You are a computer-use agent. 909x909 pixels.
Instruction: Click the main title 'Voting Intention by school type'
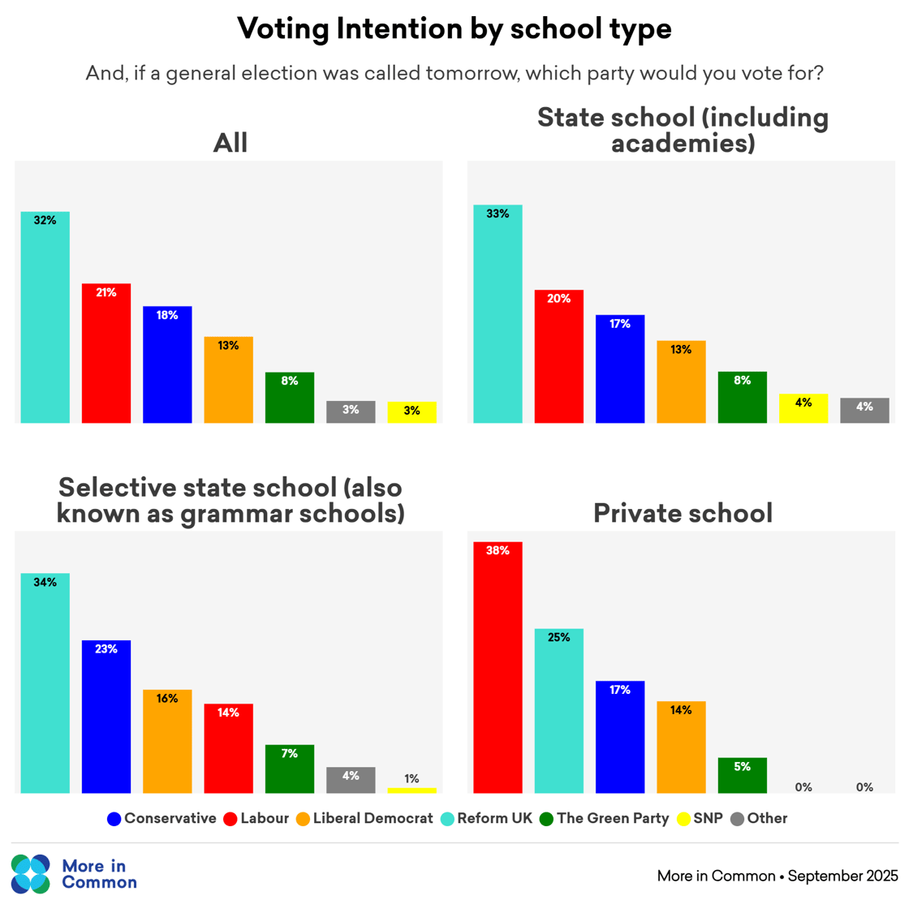pyautogui.click(x=454, y=29)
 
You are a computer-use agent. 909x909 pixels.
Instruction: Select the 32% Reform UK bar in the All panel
pyautogui.click(x=45, y=317)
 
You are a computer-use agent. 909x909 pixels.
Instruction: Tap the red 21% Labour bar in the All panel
pyautogui.click(x=106, y=353)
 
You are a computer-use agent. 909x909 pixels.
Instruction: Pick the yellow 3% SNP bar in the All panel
pyautogui.click(x=411, y=412)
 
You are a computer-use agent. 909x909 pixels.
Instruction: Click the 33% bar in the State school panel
pyautogui.click(x=498, y=314)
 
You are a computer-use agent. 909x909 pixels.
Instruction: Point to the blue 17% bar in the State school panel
pyautogui.click(x=620, y=369)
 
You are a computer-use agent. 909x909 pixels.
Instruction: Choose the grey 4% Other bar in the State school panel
pyautogui.click(x=864, y=411)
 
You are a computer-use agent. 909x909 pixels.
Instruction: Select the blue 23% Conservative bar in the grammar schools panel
pyautogui.click(x=106, y=717)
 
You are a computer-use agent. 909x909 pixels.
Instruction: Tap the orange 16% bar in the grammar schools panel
pyautogui.click(x=167, y=741)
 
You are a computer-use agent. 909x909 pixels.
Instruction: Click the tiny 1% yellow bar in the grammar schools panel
pyautogui.click(x=411, y=791)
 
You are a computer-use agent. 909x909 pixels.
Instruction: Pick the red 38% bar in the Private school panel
pyautogui.click(x=498, y=667)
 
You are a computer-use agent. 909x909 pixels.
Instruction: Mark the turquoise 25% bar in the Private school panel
pyautogui.click(x=559, y=711)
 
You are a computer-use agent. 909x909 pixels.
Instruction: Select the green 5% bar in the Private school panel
pyautogui.click(x=743, y=775)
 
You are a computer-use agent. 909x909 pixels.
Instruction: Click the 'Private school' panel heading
pyautogui.click(x=683, y=513)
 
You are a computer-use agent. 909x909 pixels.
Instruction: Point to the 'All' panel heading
pyautogui.click(x=230, y=143)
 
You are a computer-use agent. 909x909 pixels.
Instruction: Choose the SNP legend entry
pyautogui.click(x=700, y=818)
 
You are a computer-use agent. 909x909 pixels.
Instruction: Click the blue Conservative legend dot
pyautogui.click(x=114, y=819)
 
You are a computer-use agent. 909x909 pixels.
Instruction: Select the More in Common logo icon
pyautogui.click(x=31, y=873)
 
